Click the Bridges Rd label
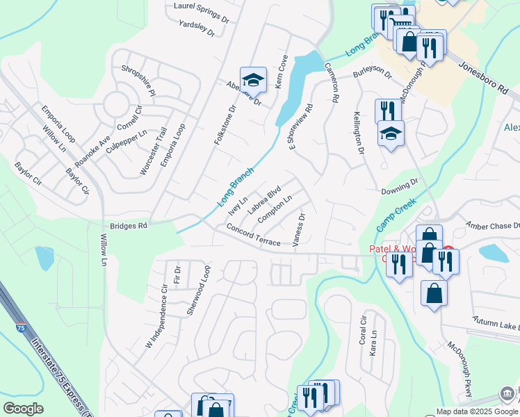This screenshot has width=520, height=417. pos(129,226)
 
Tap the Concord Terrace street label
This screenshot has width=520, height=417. pos(253,235)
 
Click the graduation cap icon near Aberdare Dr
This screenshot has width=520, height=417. pos(253,81)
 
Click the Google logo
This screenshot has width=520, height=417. pos(23,409)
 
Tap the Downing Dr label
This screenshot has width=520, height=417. pos(399,187)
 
